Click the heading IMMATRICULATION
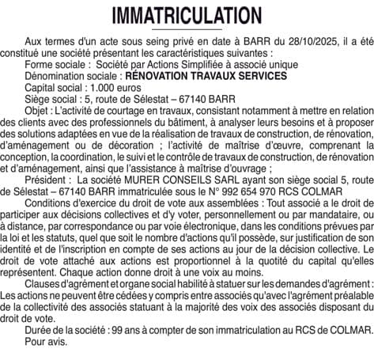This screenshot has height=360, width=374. point(187,15)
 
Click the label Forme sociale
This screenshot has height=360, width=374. point(56,63)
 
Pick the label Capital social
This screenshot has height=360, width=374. point(57,89)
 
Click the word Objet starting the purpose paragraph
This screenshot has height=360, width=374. point(38,114)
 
